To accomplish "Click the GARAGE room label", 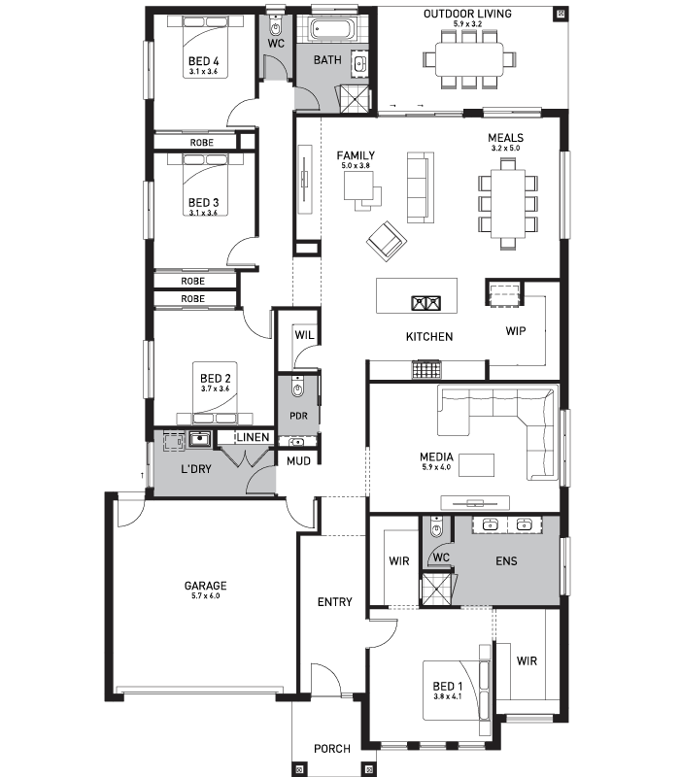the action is coord(205,586).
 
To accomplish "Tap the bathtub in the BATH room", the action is coord(331,29).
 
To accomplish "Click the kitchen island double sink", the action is coord(426,302).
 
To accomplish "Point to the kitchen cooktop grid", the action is coord(425,370).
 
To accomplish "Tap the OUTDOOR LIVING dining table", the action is coord(469,59).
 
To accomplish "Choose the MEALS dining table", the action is coord(507,204).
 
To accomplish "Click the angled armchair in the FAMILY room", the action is coord(387,241).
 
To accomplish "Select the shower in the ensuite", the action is coord(437,590).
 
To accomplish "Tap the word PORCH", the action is coord(332,748).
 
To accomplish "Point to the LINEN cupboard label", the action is coord(253,437).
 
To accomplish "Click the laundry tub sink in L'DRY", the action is coord(200,439).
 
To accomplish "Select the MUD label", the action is coord(298,460).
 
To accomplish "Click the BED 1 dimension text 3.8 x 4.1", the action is coord(447,696).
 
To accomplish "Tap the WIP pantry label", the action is coord(516,330).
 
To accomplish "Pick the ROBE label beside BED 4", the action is coord(202,142).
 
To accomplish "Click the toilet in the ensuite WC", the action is coord(436,526).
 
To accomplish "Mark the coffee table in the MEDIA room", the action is coord(476,465).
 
